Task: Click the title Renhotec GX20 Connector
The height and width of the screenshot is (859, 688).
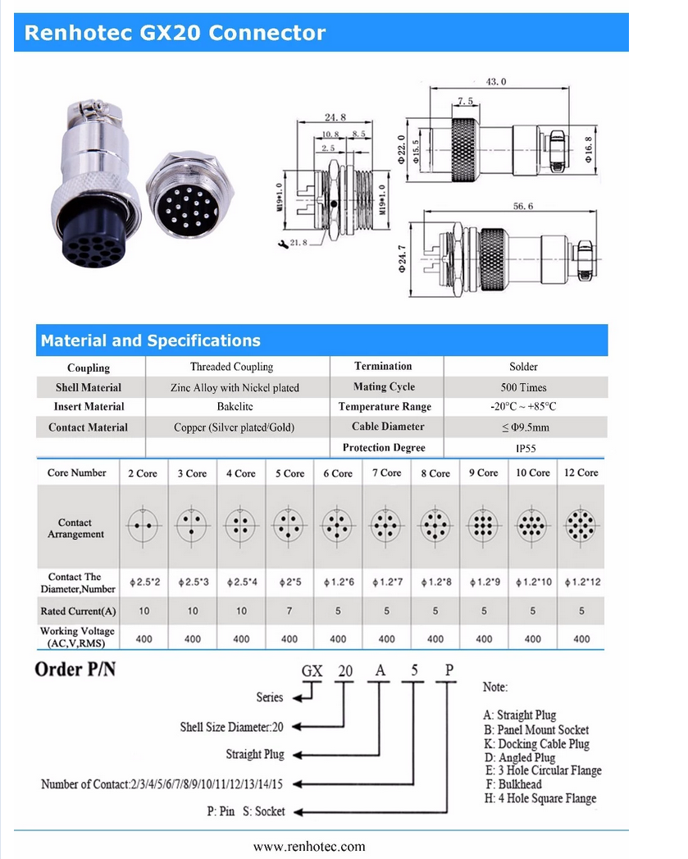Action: [x=175, y=33]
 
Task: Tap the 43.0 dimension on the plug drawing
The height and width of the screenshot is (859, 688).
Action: [x=497, y=81]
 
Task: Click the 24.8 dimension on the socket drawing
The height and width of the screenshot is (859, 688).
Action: [x=335, y=117]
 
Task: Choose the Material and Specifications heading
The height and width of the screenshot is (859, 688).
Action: [x=151, y=340]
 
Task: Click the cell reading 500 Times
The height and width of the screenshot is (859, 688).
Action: [x=523, y=387]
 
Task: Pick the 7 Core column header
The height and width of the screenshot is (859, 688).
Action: [x=387, y=473]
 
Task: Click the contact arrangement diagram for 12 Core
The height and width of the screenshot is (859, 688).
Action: [x=581, y=523]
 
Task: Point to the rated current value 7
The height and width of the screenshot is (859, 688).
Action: [x=289, y=611]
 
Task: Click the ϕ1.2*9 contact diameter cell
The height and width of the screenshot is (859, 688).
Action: [x=484, y=583]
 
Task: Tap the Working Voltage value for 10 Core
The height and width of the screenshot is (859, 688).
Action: [x=533, y=638]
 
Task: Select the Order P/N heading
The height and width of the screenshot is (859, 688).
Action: [x=75, y=669]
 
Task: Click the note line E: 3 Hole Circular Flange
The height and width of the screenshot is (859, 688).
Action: [x=543, y=770]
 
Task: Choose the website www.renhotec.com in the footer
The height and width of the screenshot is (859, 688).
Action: [x=309, y=847]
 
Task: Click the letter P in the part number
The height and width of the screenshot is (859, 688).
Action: [x=449, y=670]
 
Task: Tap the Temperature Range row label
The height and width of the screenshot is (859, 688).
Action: [x=385, y=407]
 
